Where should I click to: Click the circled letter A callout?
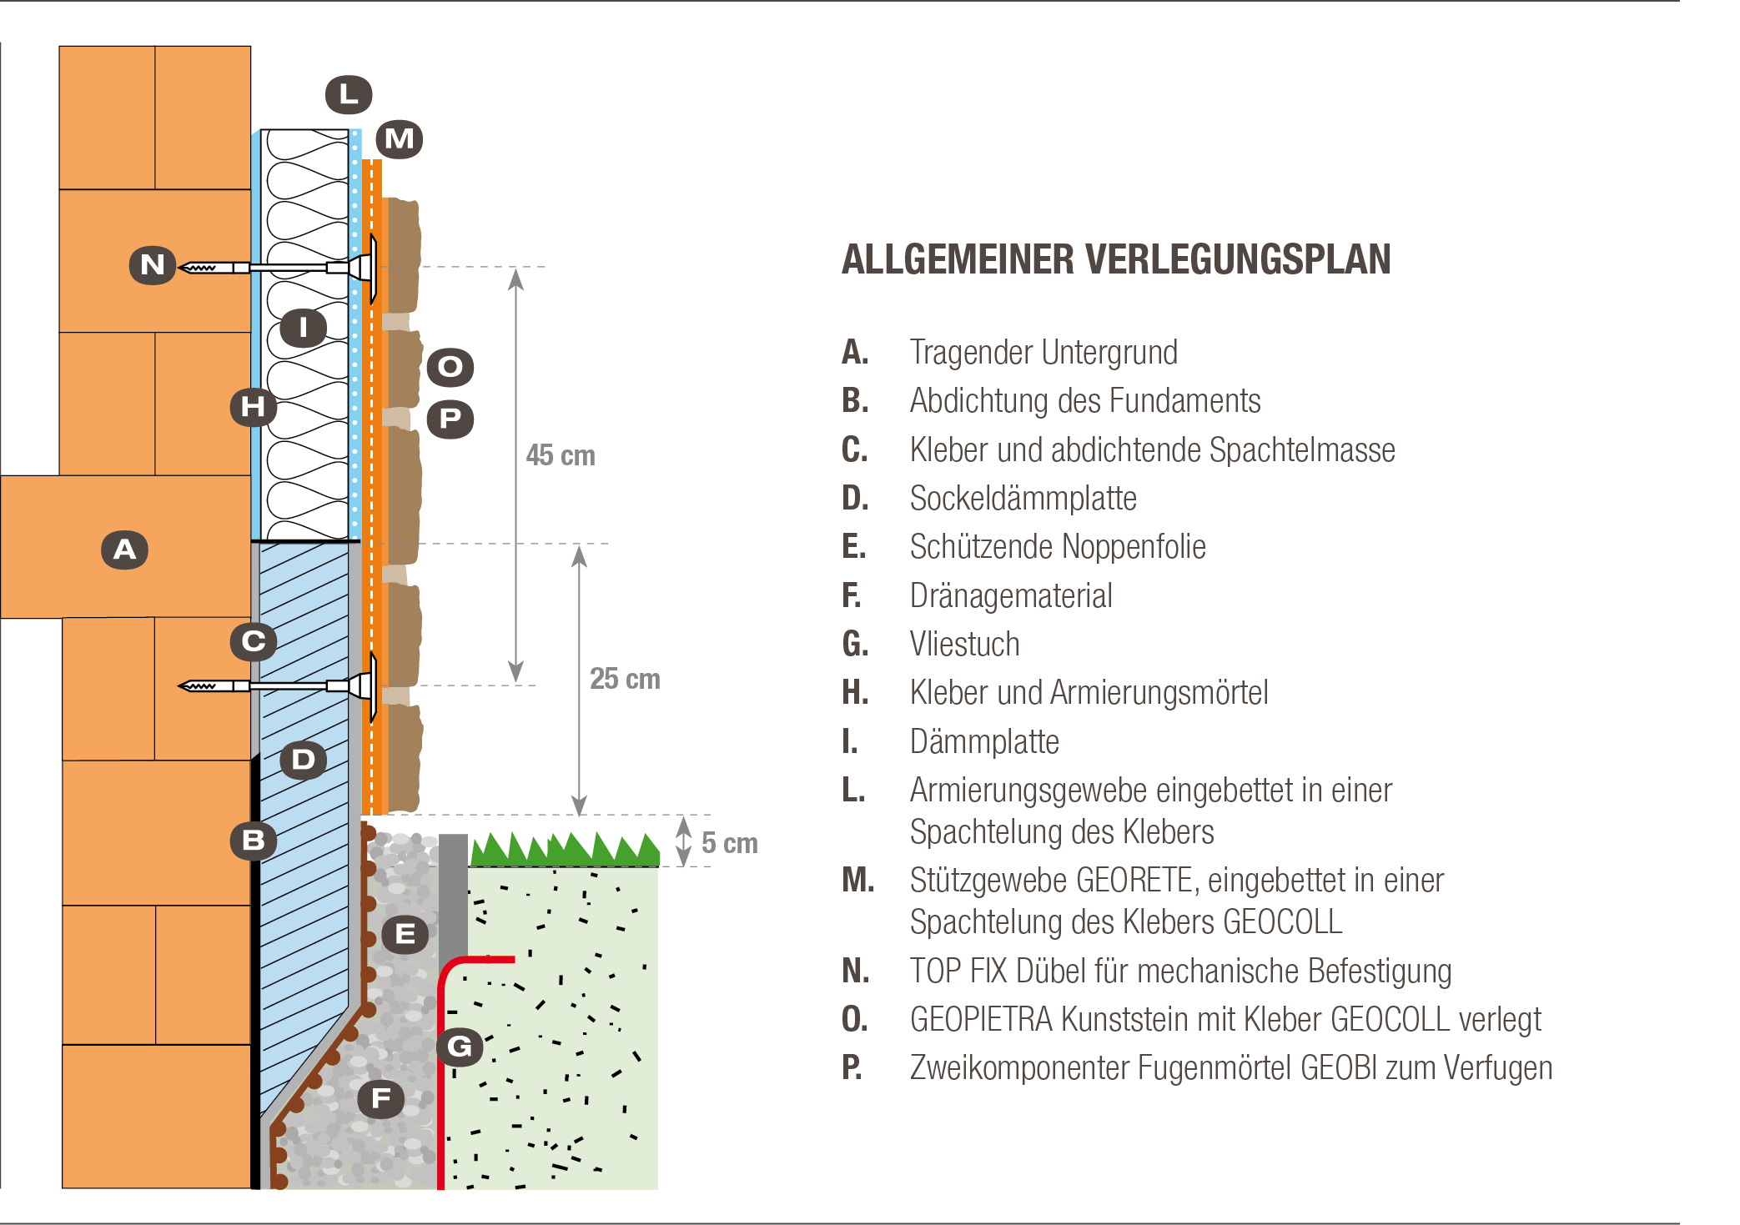(x=124, y=550)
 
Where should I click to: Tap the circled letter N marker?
(x=153, y=265)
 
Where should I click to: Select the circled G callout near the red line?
(x=460, y=1047)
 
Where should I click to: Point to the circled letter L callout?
(x=349, y=94)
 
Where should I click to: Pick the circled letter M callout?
(x=399, y=138)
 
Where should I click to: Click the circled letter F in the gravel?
(x=381, y=1098)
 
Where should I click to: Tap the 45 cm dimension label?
(x=561, y=455)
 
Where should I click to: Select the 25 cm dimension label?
(x=625, y=679)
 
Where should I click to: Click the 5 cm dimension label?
(x=730, y=843)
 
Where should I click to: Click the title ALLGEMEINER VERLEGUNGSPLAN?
(x=1116, y=259)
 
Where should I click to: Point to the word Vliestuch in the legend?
(x=965, y=645)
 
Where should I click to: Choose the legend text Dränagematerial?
(x=1011, y=596)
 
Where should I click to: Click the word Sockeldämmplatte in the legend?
(x=1023, y=499)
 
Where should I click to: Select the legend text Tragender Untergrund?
(x=1043, y=353)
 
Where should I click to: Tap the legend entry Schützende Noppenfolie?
(x=1058, y=547)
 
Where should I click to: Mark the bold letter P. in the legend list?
(x=852, y=1068)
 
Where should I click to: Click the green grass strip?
(x=565, y=849)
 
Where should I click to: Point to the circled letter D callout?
(x=303, y=760)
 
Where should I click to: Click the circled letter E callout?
(x=405, y=934)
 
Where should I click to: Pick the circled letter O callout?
(x=450, y=367)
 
